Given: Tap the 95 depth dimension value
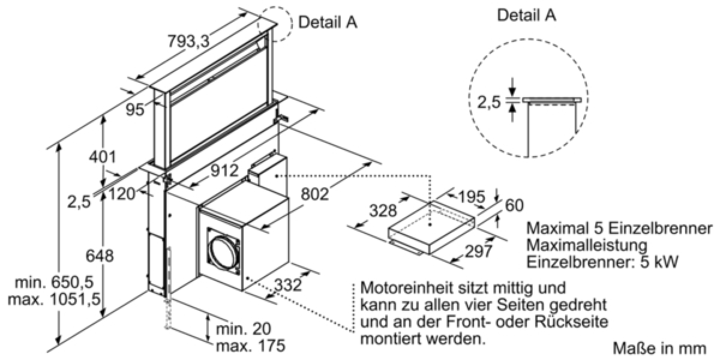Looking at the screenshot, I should pyautogui.click(x=136, y=110).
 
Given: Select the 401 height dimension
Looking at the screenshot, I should pyautogui.click(x=101, y=158).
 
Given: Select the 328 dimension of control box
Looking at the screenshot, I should pyautogui.click(x=383, y=211).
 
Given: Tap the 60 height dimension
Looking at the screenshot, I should pyautogui.click(x=515, y=205).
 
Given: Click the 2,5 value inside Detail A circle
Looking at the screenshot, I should pyautogui.click(x=488, y=103).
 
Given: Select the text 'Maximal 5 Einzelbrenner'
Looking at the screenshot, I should pyautogui.click(x=619, y=229).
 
